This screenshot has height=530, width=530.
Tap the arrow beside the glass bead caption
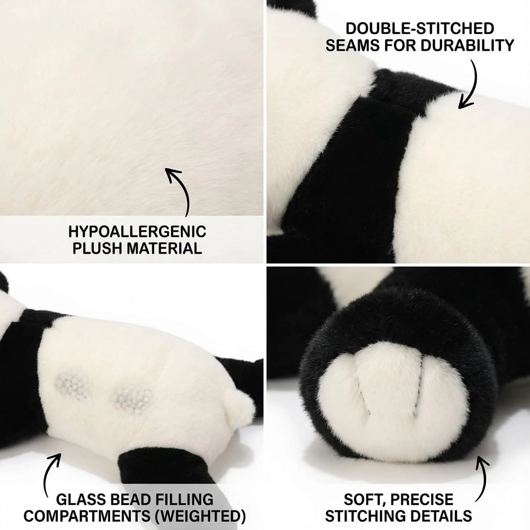point(51,471)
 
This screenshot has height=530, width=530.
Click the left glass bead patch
point(72,385)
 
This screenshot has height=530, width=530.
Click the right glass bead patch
point(133,399)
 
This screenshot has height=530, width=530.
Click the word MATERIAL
point(163,248)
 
